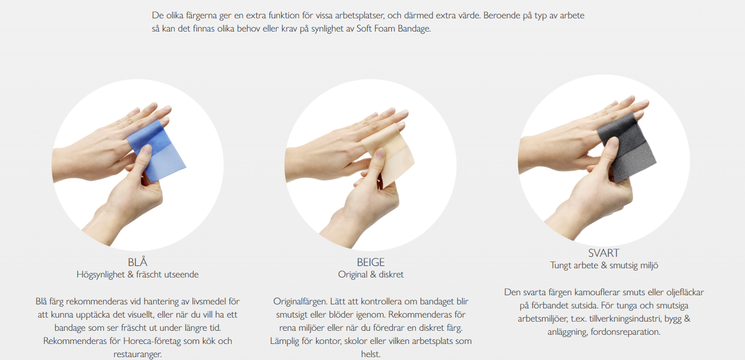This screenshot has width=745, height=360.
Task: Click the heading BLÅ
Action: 138,263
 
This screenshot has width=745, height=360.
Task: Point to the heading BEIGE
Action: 370,263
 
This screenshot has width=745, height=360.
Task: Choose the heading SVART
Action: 604,253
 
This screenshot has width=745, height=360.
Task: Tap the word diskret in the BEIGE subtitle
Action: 391,274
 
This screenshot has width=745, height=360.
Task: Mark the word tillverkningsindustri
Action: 625,319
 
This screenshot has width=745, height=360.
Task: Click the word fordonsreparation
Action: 626,332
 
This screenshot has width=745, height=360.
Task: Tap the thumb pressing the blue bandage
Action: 144,163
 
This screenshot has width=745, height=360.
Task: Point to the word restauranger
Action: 138,354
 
